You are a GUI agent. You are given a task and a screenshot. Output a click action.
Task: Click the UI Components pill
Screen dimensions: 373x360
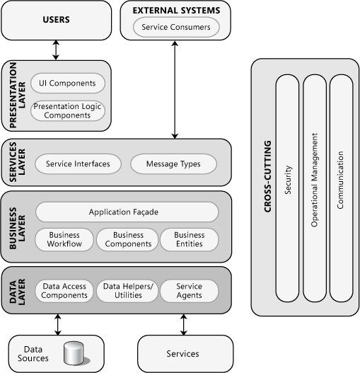(68, 83)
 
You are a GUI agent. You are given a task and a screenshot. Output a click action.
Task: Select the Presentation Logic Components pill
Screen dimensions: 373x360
(68, 111)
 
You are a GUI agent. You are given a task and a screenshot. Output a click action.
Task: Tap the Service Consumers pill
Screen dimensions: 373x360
(176, 28)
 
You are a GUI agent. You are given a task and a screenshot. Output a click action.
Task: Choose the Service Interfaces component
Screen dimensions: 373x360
(78, 163)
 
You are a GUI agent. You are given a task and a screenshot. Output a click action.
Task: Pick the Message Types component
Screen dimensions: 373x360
(173, 163)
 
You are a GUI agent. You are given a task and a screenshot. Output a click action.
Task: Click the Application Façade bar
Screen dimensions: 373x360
(124, 212)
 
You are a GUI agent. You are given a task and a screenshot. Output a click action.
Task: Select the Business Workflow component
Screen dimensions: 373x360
(64, 239)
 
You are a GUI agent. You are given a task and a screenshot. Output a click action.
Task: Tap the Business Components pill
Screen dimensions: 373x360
(128, 239)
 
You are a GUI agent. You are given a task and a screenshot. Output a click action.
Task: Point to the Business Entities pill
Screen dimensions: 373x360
(189, 239)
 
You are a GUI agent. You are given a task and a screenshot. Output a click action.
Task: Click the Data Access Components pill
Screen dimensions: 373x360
(64, 290)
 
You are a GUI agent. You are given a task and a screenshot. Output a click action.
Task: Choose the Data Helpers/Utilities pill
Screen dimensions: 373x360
(128, 290)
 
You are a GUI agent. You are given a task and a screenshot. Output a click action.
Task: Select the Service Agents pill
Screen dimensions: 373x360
(189, 290)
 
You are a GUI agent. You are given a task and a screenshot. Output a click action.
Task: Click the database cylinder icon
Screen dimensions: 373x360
(74, 353)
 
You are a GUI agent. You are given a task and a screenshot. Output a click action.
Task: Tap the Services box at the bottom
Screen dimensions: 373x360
(183, 353)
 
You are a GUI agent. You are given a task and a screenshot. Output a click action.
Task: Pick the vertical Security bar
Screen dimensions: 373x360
(288, 188)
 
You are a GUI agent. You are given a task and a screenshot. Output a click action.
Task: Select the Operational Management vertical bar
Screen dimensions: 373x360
(315, 188)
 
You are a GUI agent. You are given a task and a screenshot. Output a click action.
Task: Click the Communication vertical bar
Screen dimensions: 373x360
(340, 188)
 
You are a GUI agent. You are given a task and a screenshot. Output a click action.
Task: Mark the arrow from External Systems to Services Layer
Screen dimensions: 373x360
(175, 89)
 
